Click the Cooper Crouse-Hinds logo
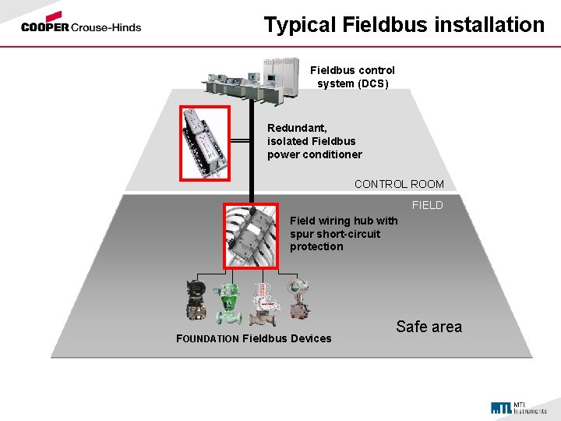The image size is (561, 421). (81, 23)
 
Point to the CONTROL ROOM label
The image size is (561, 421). (399, 184)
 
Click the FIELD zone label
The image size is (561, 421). (427, 205)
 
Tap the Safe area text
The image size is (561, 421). (429, 327)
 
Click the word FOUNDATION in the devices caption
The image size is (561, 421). (207, 339)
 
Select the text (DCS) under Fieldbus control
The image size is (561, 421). (373, 83)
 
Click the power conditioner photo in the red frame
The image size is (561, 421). (205, 142)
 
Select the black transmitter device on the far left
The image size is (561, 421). (196, 301)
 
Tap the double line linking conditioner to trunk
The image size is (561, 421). (239, 141)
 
